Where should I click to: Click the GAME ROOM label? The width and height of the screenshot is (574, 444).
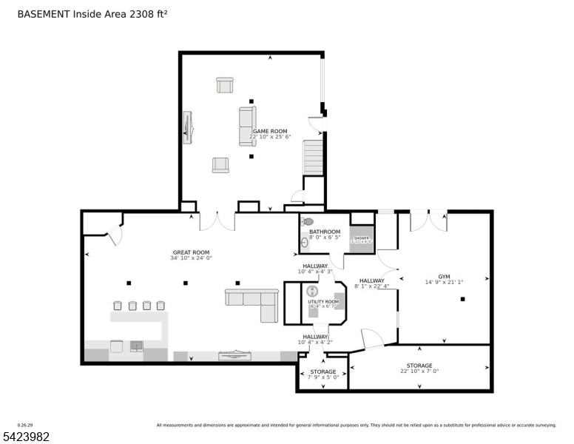tap(269, 132)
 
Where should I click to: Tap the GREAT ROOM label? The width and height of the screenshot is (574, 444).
tap(191, 252)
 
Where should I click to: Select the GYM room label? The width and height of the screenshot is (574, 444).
tap(444, 276)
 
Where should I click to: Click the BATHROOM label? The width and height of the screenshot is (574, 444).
tap(324, 232)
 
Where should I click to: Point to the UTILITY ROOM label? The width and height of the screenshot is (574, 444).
tap(323, 302)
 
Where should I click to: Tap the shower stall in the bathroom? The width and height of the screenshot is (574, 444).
tap(362, 240)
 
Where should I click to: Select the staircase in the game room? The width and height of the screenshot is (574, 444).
tap(313, 157)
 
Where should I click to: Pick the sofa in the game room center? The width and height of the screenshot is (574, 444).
tap(247, 125)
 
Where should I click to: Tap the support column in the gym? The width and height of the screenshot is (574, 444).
tap(462, 300)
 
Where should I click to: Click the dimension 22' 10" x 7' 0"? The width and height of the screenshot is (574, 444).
tap(419, 371)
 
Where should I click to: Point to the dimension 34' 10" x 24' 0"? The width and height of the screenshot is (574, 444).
tap(191, 258)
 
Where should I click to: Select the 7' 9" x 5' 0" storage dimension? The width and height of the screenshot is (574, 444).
tap(323, 377)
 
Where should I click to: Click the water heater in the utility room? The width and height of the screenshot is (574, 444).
tap(312, 292)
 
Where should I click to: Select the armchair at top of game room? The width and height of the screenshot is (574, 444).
tap(225, 85)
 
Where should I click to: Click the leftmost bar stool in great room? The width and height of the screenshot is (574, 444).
tap(117, 306)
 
